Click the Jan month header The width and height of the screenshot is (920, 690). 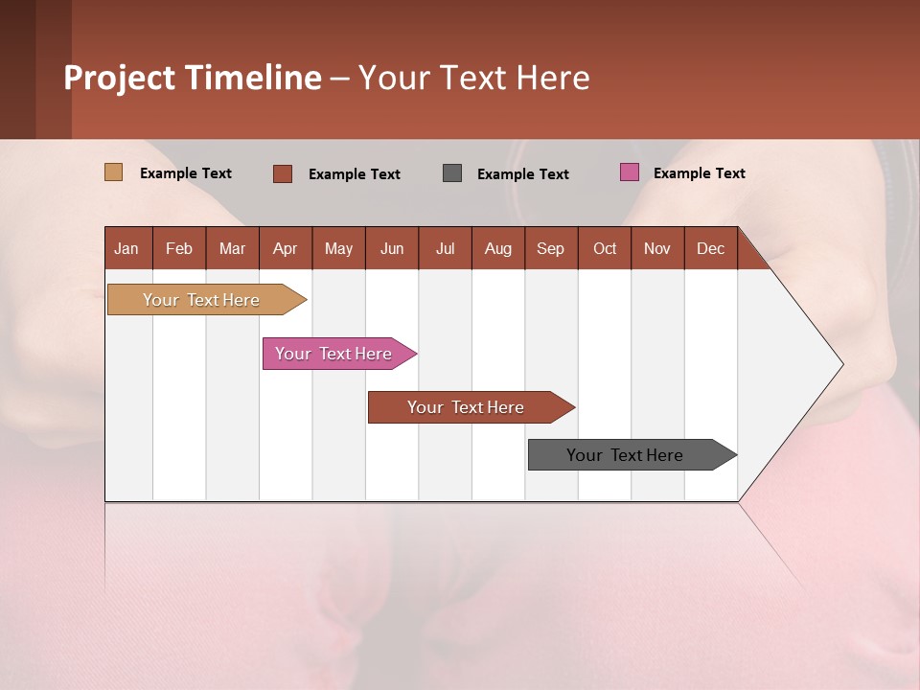coord(127,248)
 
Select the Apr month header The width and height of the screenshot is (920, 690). coord(285,248)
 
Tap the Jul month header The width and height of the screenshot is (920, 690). coord(445,248)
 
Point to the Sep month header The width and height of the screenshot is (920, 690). coord(550,248)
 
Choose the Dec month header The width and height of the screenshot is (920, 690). coord(710,248)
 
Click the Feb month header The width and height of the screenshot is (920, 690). coord(179,248)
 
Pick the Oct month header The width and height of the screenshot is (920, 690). coord(605,248)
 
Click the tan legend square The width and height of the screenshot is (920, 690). coord(113,172)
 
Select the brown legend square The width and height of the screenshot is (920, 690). coord(282,173)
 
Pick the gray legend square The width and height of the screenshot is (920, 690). coord(452,173)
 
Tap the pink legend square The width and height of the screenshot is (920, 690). coord(629,172)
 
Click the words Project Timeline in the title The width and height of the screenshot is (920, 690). coord(192,78)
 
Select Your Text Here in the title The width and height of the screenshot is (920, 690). coord(474,78)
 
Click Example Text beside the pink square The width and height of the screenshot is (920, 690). coord(699,173)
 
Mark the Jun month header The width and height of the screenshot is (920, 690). coord(392,248)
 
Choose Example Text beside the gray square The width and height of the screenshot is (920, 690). coord(522,174)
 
